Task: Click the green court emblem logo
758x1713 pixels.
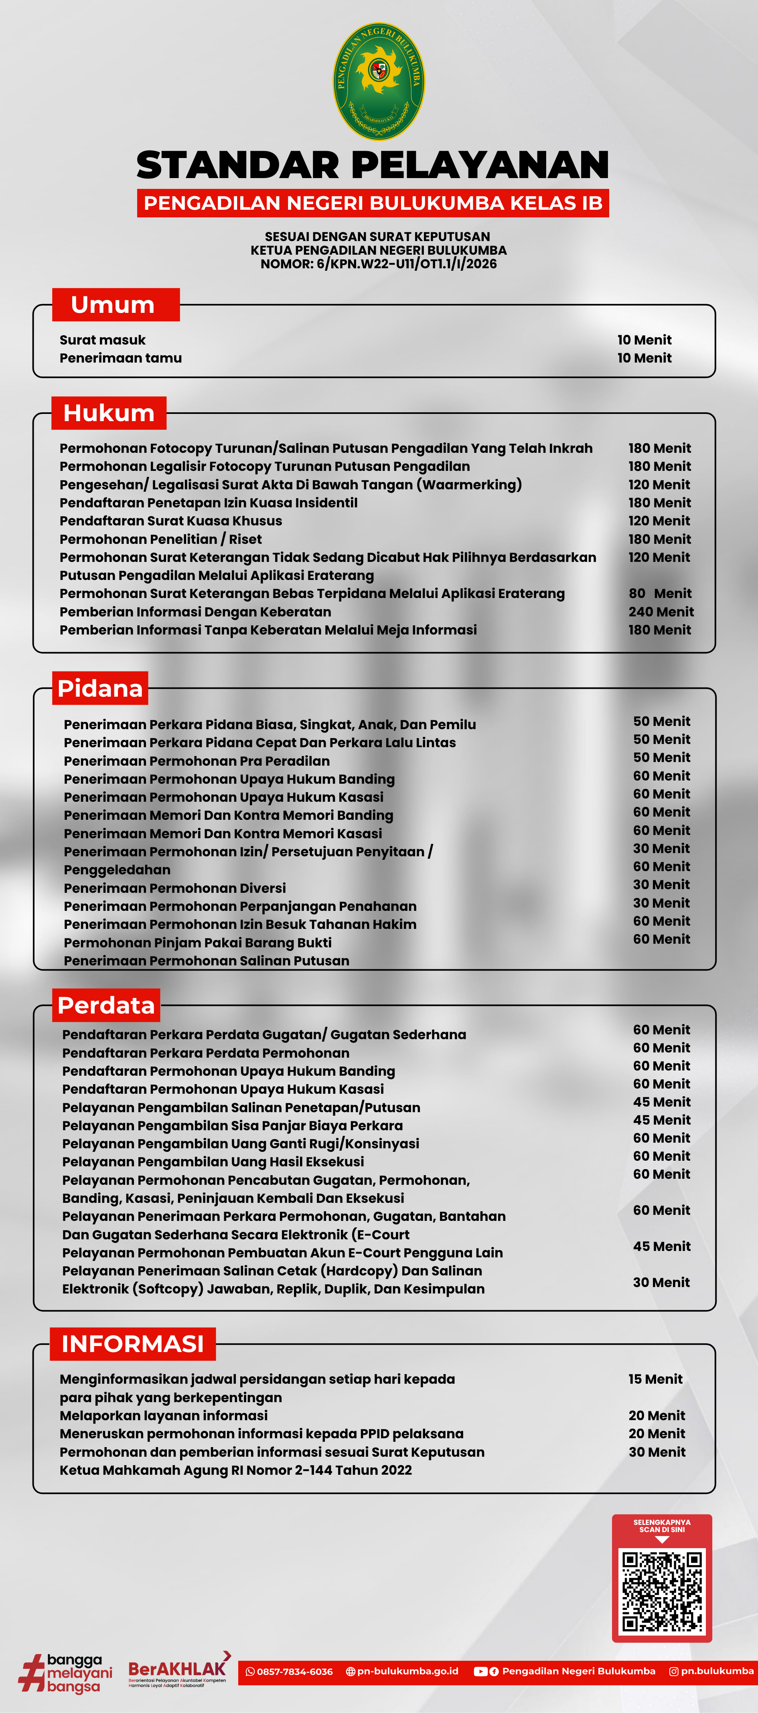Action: [378, 81]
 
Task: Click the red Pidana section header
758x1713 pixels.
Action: [100, 688]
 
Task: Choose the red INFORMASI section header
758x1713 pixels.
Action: [132, 1344]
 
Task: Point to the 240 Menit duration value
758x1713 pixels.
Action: [661, 612]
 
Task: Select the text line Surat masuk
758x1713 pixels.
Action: [102, 340]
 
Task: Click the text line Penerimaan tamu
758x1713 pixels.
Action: [120, 358]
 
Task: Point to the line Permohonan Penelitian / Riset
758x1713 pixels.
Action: [160, 539]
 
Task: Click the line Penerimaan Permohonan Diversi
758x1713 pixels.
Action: [175, 888]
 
